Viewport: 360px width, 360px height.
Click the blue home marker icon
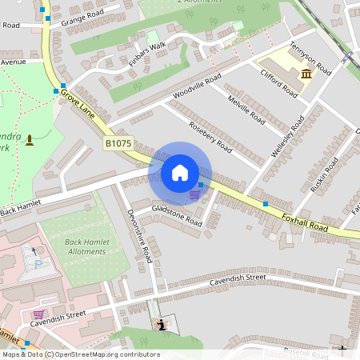click(180, 173)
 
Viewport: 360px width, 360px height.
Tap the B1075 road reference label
click(118, 143)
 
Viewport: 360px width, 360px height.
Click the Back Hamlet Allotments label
click(74, 246)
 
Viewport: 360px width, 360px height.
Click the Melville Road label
click(246, 109)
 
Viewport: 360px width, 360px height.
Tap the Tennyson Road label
click(310, 58)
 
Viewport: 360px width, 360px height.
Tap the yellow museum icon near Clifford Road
click(306, 74)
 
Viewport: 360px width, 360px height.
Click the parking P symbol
click(38, 264)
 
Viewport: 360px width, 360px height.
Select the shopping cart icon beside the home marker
click(194, 194)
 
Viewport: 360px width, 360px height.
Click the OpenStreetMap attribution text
click(80, 354)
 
